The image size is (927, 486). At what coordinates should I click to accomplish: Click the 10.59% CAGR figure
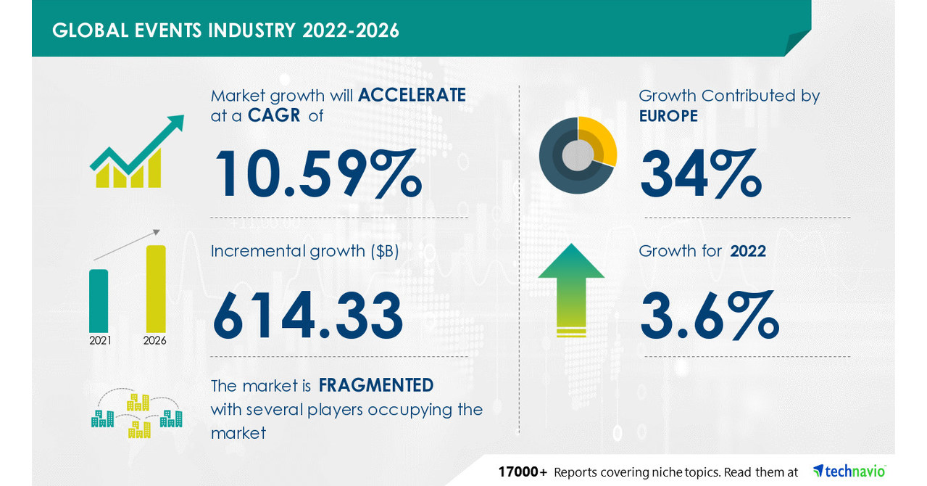pyautogui.click(x=317, y=173)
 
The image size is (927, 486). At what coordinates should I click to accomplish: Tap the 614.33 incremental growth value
pyautogui.click(x=307, y=315)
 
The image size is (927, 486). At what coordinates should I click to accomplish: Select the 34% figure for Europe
pyautogui.click(x=700, y=173)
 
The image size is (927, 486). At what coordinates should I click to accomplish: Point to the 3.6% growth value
pyautogui.click(x=709, y=315)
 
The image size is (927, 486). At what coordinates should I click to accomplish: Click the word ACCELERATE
pyautogui.click(x=412, y=95)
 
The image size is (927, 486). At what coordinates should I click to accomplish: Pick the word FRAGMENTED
pyautogui.click(x=376, y=384)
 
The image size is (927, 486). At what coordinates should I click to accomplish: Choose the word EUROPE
pyautogui.click(x=668, y=116)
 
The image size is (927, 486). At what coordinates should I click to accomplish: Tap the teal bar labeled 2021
pyautogui.click(x=99, y=300)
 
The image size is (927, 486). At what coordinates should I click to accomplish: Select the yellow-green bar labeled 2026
pyautogui.click(x=156, y=289)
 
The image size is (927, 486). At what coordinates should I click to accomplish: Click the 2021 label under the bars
pyautogui.click(x=100, y=340)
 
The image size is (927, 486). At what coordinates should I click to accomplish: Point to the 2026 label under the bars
pyautogui.click(x=155, y=340)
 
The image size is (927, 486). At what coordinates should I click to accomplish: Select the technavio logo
pyautogui.click(x=849, y=471)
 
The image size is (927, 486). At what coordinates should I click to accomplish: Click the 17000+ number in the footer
pyautogui.click(x=522, y=472)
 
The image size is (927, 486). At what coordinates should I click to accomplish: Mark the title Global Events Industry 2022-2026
pyautogui.click(x=225, y=30)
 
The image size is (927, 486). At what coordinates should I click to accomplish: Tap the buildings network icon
pyautogui.click(x=137, y=416)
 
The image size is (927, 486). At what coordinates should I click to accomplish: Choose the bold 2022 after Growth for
pyautogui.click(x=748, y=251)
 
